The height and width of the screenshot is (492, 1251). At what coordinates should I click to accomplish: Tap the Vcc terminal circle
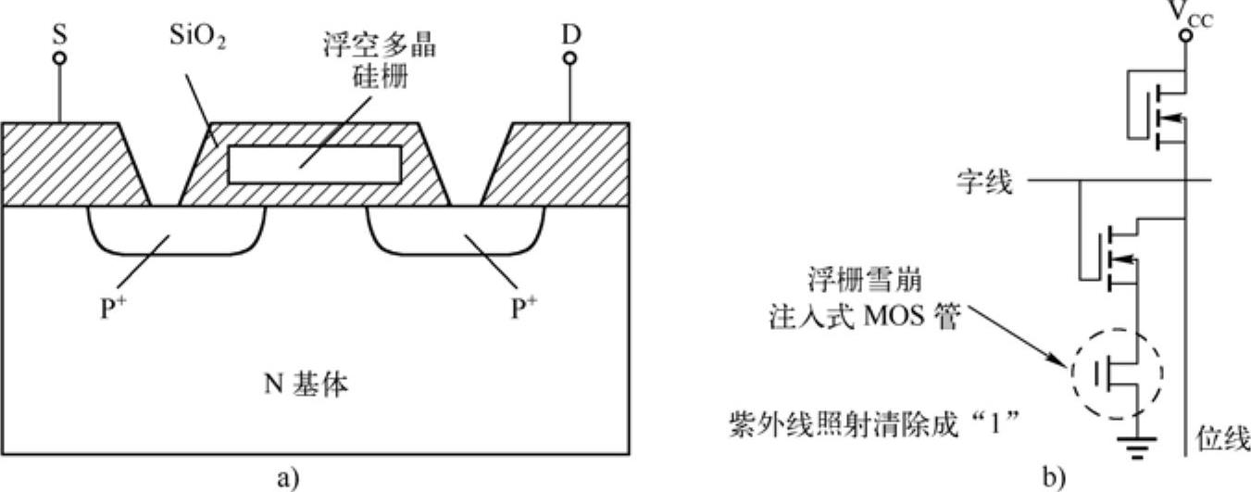[x=1187, y=37]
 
